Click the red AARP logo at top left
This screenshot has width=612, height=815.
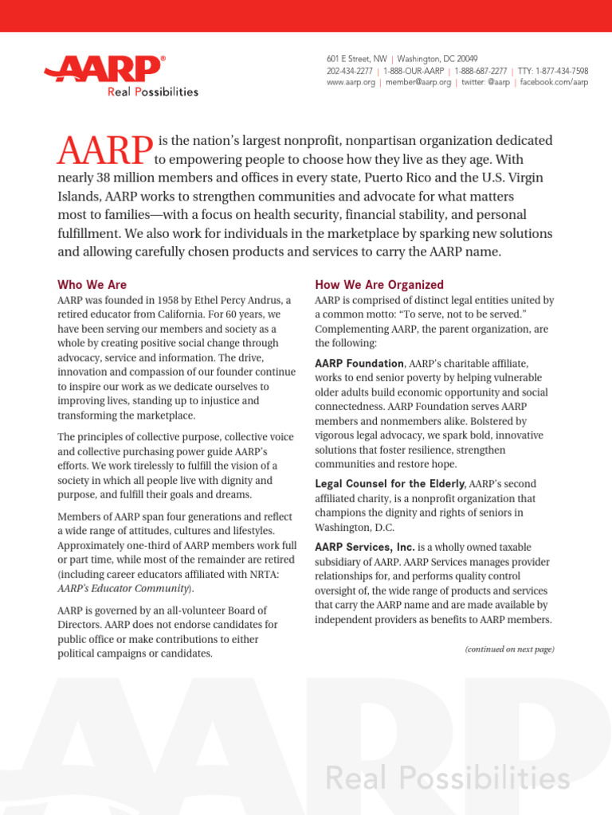(104, 70)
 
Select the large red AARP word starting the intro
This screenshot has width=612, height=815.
(105, 150)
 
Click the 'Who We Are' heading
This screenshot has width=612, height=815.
(92, 284)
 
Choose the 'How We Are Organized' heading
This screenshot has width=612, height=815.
(379, 284)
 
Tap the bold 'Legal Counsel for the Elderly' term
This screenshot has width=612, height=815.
(390, 484)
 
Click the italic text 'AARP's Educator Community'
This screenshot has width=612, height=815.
(124, 588)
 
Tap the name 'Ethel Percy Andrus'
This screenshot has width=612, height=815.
(237, 300)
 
